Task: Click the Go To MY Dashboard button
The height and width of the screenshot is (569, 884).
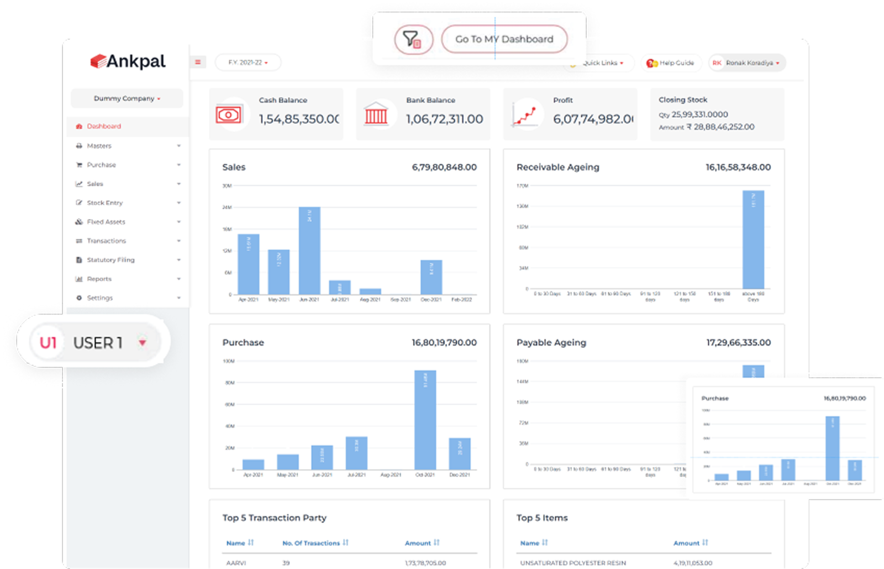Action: tap(504, 39)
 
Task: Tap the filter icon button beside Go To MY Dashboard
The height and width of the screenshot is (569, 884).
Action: tap(413, 39)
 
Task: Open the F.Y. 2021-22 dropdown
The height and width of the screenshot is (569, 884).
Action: tap(248, 62)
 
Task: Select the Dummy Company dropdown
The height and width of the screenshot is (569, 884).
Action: tap(127, 98)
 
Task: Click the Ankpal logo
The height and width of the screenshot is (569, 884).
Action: tap(128, 61)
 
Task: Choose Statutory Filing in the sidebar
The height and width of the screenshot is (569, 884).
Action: tap(110, 260)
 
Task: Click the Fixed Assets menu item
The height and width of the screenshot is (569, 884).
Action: tap(106, 222)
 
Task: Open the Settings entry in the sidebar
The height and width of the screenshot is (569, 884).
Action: tap(99, 298)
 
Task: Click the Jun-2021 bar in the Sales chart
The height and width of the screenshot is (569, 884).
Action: tap(309, 252)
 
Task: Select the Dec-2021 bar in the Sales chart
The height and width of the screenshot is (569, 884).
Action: tap(431, 277)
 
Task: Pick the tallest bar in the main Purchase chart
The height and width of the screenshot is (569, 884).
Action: tap(425, 420)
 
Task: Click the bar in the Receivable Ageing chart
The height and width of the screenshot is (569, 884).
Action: tap(753, 239)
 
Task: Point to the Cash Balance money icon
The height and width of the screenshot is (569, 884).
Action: tap(228, 114)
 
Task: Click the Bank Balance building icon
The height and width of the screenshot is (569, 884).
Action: tap(376, 114)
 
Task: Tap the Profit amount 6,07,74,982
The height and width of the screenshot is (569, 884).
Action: tap(593, 119)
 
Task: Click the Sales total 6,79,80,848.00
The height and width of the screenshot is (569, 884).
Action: tap(444, 167)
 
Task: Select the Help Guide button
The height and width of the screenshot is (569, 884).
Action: tap(671, 63)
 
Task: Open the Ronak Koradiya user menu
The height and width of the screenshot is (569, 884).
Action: tap(748, 63)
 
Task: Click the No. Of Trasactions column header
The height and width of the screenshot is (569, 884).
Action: tap(311, 543)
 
